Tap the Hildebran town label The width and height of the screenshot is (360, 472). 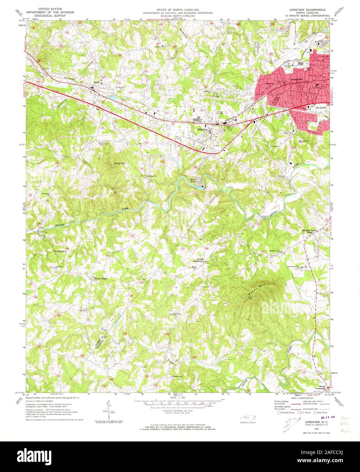click(203, 129)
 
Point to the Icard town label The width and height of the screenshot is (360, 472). click(96, 82)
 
